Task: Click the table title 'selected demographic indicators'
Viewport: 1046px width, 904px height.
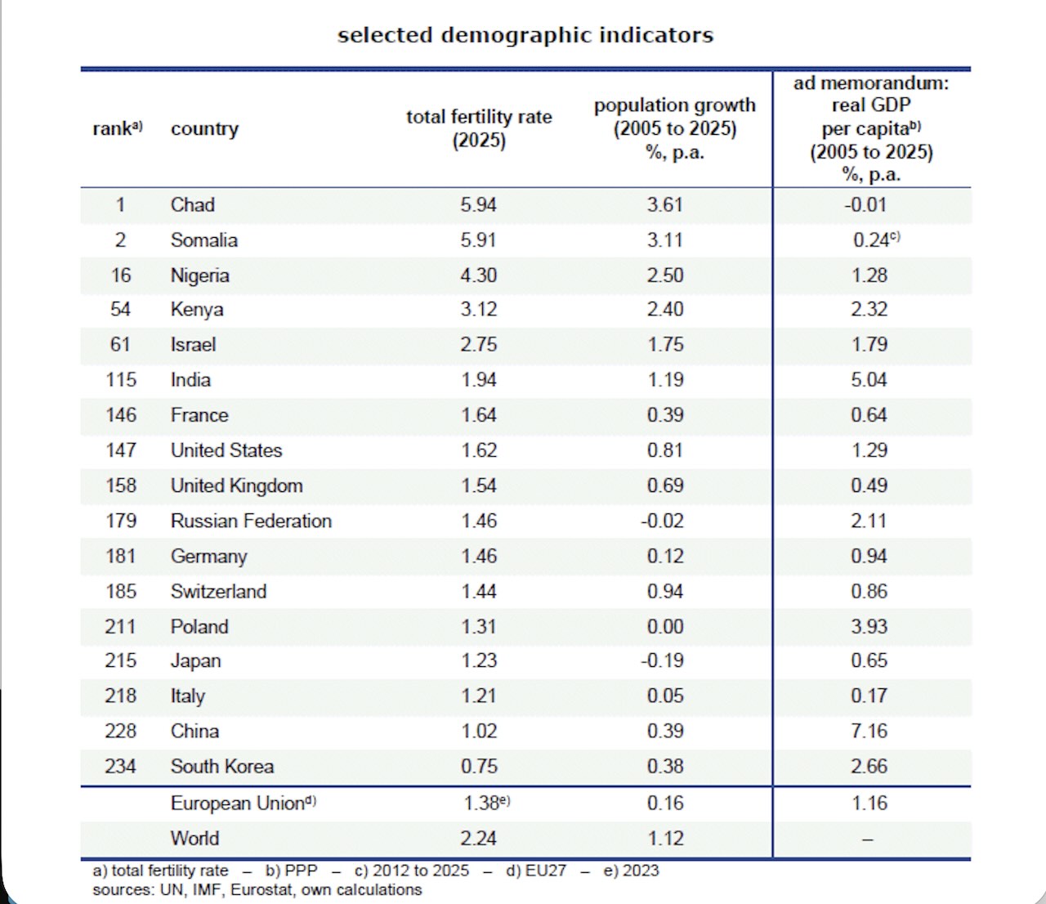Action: [525, 35]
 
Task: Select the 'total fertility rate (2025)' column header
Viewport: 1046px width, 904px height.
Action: [479, 128]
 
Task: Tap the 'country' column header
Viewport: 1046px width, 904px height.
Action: [204, 129]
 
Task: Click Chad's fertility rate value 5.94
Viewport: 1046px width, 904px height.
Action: [478, 205]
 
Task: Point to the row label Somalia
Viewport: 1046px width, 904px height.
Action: [203, 240]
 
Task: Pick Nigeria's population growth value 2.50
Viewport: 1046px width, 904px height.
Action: [665, 275]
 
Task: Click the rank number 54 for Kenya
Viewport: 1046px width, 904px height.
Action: [120, 310]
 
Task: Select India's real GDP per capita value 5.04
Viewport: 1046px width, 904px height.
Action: [869, 380]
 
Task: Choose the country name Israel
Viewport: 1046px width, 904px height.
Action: [193, 345]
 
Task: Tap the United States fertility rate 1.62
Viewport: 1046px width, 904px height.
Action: [478, 450]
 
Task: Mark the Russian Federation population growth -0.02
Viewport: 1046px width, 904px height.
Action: [663, 521]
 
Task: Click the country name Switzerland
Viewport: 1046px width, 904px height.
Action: [218, 592]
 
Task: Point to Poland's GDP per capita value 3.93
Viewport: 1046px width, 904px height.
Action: [869, 627]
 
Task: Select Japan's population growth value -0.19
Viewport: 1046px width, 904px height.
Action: [663, 661]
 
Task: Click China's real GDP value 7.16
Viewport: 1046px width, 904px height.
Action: [869, 732]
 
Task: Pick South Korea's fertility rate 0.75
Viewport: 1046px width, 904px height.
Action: [478, 767]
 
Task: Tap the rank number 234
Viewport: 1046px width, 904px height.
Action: [120, 767]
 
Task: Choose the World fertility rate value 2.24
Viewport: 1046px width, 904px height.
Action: [478, 839]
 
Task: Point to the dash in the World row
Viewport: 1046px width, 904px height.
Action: [869, 839]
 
